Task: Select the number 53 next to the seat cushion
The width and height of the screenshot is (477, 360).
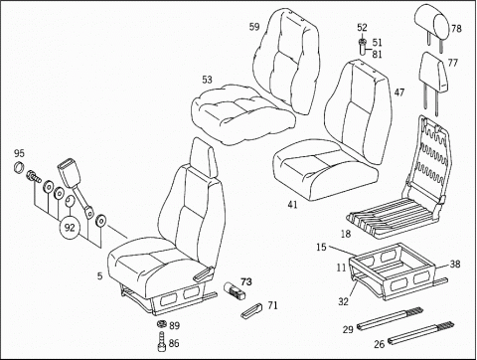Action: (207, 79)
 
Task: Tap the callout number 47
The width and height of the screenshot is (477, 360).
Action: (398, 91)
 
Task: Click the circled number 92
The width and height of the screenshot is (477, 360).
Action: (71, 227)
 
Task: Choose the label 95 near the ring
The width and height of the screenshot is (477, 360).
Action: (18, 153)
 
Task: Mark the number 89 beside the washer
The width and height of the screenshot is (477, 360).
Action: (175, 326)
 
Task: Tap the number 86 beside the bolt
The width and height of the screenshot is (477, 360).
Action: (175, 343)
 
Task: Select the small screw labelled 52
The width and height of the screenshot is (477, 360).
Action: (363, 44)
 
